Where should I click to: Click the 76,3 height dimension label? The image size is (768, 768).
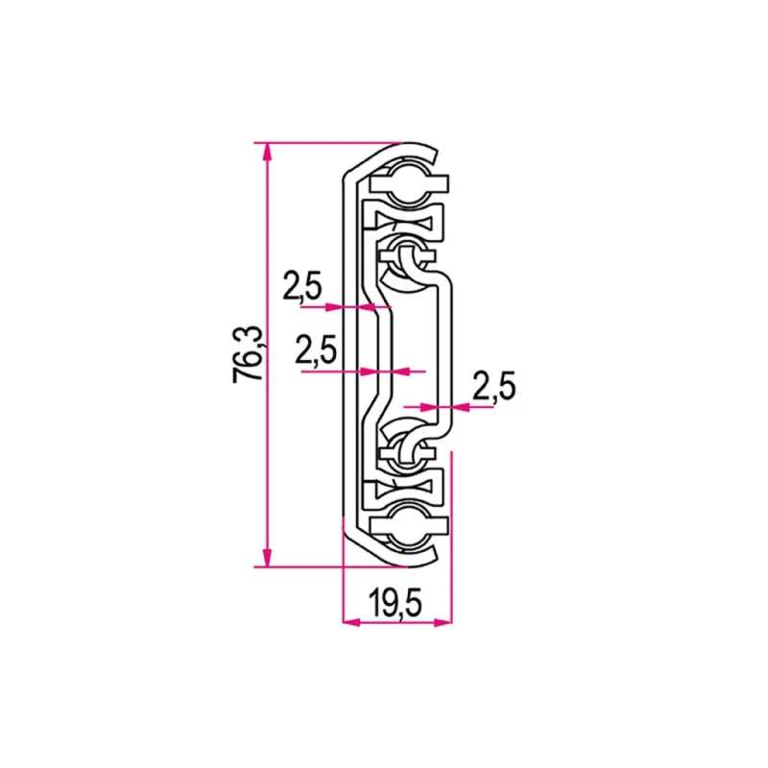point(247,354)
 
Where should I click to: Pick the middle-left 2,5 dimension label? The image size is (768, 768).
point(316,349)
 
